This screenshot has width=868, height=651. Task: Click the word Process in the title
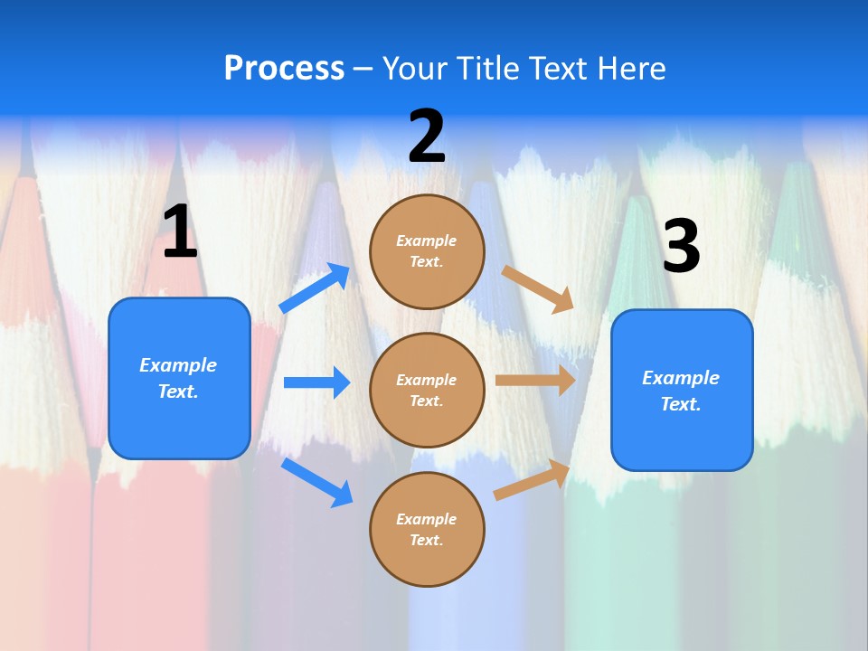pos(284,69)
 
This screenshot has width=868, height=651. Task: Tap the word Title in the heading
pos(487,69)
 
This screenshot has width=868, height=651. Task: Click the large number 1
pos(180,232)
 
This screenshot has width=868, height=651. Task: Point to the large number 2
pos(427,137)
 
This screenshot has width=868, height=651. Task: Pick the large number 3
pos(681,247)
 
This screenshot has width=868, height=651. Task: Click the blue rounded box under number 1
pos(179,378)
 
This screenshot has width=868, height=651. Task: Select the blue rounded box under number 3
pos(682,390)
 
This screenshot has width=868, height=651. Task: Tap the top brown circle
pos(427,250)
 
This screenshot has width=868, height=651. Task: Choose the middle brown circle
pos(427,390)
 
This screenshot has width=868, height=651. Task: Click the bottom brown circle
pos(427,529)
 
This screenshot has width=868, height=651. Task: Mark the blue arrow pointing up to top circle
pos(315,288)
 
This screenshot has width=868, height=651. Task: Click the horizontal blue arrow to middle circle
pos(316,382)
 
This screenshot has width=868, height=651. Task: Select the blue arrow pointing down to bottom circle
pos(316,482)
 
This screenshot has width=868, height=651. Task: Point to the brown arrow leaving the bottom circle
pos(532,480)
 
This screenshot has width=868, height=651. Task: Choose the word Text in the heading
pos(559,69)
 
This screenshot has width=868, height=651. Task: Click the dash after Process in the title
pos(363,69)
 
